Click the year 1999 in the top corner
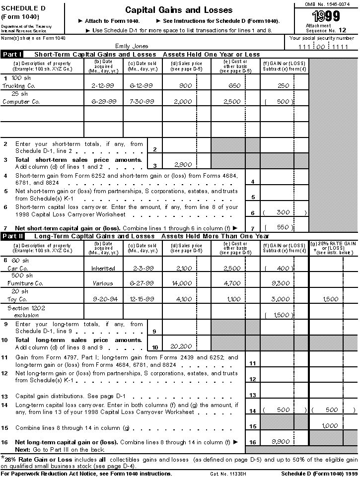tap(326, 16)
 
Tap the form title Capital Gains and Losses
tap(179, 10)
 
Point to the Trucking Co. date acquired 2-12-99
tap(104, 86)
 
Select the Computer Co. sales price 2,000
tap(182, 102)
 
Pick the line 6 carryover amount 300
tap(283, 212)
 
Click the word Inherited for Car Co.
tap(103, 269)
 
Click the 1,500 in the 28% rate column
tap(330, 299)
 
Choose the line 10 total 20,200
tap(181, 346)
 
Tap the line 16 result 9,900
tap(281, 441)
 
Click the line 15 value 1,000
tap(330, 426)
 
